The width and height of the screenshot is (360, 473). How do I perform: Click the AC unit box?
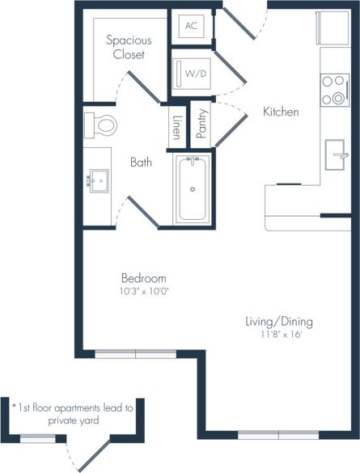[191, 26]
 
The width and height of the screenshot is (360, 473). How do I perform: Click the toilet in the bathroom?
[100, 125]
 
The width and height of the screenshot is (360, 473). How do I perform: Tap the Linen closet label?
[176, 127]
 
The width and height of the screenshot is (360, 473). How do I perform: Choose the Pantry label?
[201, 125]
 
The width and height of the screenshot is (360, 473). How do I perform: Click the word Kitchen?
[281, 112]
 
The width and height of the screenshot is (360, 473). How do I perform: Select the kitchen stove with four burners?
[332, 90]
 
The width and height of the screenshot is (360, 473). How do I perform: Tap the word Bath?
[142, 163]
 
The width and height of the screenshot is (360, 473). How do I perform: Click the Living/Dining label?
[279, 322]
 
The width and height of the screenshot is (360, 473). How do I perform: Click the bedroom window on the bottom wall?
[135, 353]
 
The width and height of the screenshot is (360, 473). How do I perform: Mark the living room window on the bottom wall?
[280, 434]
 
